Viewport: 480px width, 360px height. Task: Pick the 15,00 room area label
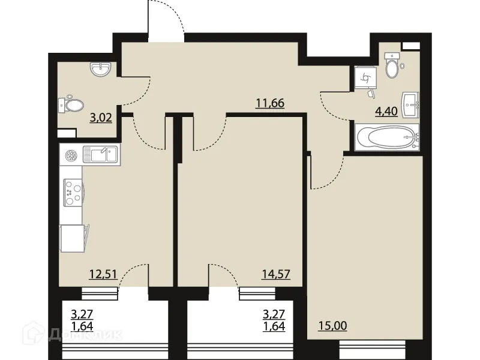coord(332,327)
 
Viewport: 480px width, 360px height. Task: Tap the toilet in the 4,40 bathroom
coord(391,66)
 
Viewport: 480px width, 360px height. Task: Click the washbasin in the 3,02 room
coord(100,71)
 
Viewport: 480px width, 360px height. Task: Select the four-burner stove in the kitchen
coord(73,193)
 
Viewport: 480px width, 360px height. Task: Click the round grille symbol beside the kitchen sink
coord(71,156)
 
